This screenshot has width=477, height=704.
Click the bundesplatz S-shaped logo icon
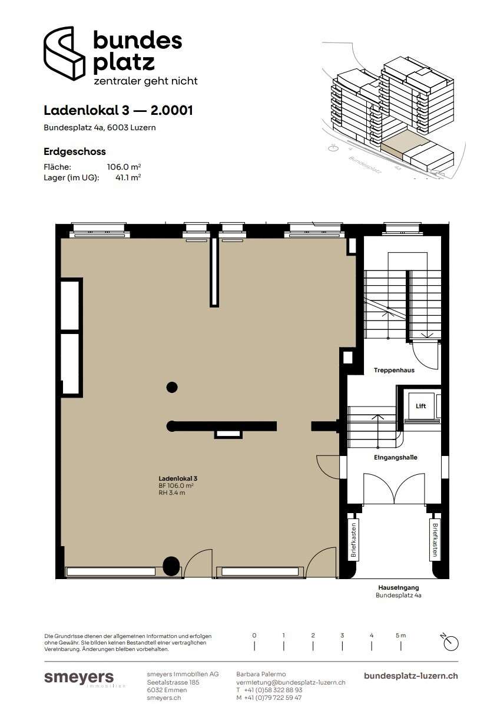coord(64,53)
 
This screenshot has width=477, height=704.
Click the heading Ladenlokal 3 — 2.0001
coord(118,110)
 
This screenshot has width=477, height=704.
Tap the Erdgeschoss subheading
coord(74,152)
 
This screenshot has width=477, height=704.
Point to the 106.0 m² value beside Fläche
coord(124,167)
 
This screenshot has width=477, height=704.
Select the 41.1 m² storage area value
coord(128,177)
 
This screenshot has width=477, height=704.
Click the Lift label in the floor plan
coord(420,406)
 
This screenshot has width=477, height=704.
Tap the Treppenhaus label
coord(394,371)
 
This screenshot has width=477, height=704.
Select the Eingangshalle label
coord(395,458)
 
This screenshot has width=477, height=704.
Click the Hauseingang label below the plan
coord(399,587)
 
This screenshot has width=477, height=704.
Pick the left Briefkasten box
coord(353,540)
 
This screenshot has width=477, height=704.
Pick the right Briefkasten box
coord(434,540)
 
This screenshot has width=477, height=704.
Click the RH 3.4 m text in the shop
coord(171,493)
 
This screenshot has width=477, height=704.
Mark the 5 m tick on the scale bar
coord(400,646)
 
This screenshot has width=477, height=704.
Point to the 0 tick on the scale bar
coord(254,646)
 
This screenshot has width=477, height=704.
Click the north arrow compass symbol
coord(450,643)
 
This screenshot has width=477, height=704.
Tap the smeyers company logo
coord(79,678)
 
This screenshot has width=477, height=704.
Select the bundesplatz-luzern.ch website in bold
coord(411,676)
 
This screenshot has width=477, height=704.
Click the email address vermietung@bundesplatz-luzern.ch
coord(291,682)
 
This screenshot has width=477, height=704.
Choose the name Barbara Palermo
coord(261,674)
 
